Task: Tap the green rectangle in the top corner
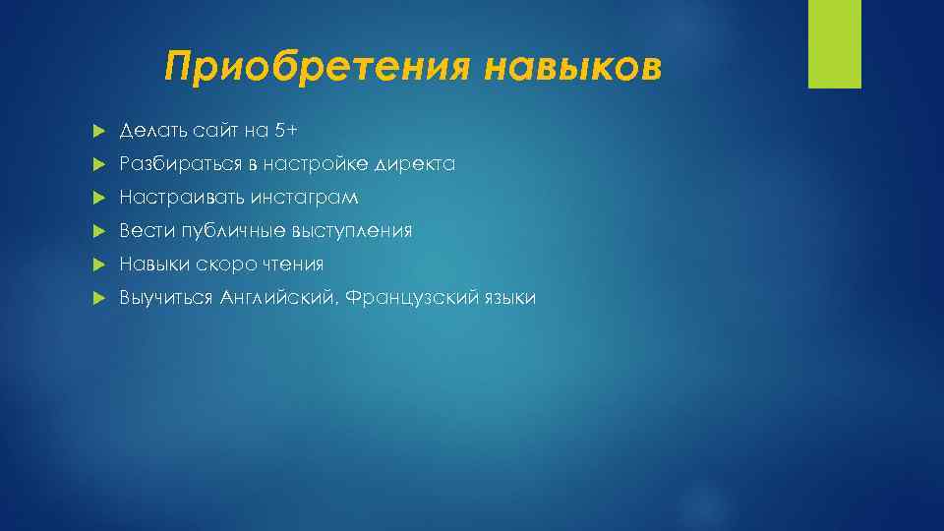(x=834, y=44)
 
